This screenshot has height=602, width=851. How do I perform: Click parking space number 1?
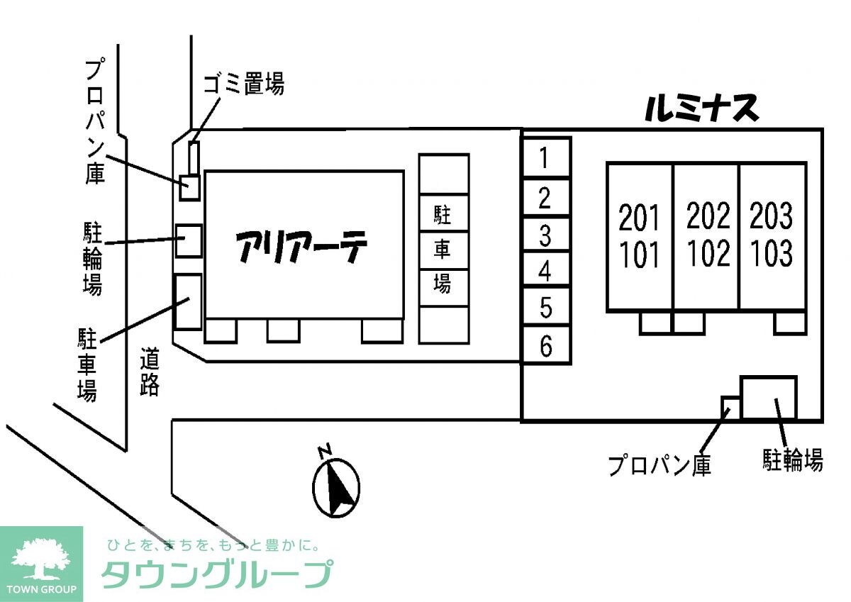[545, 157]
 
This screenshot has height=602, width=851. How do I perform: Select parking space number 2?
[545, 196]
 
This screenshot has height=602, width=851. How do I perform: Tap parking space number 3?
[545, 235]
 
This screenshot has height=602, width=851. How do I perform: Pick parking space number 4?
[545, 270]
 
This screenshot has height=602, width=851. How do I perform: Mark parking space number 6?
[545, 346]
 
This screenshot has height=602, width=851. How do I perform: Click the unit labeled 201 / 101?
[640, 236]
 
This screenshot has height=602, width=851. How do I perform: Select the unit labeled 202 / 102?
[706, 236]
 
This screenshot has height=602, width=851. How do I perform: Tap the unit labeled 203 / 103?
[772, 236]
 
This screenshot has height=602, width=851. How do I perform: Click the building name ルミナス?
[701, 109]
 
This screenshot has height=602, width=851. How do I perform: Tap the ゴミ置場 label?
[244, 84]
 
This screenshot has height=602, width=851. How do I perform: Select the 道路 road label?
[150, 371]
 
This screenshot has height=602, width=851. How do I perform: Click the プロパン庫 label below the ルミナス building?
[660, 465]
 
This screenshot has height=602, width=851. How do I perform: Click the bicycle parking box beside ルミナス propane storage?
[768, 397]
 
